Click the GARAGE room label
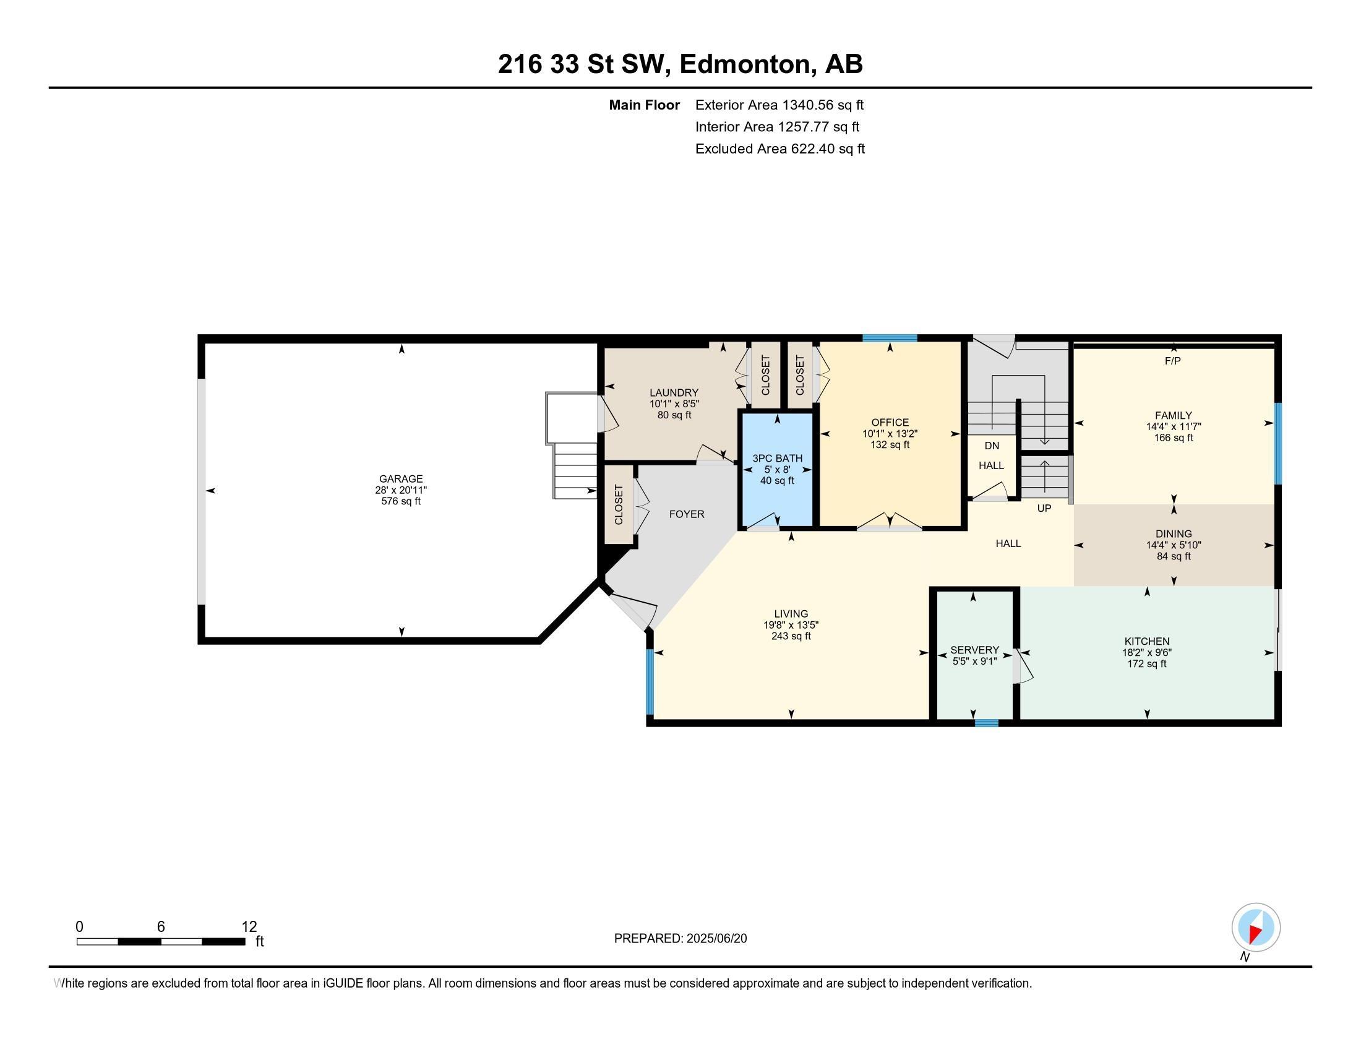coord(401,478)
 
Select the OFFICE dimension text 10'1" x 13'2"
coord(889,434)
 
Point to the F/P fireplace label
coord(1172,361)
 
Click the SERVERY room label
coord(974,650)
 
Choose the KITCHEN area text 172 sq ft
coord(1146,665)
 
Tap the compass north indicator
coord(1256,927)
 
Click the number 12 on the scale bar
coord(249,927)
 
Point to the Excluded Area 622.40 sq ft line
coord(779,149)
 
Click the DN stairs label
coord(992,446)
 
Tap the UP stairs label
coord(1044,509)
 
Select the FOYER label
coord(686,514)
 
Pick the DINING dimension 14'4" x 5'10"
coord(1173,545)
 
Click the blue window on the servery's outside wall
coord(986,723)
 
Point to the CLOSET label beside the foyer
coord(618,505)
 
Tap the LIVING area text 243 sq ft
coord(791,636)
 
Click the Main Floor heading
coord(644,105)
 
